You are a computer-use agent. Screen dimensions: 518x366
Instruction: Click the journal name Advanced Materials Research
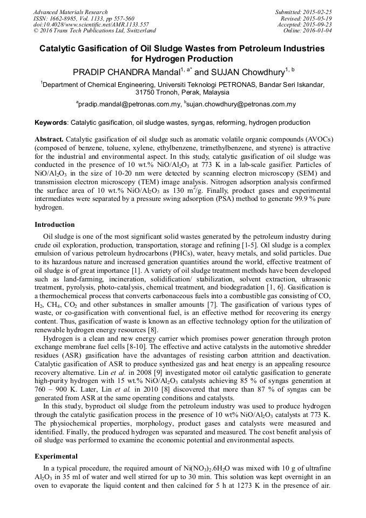[70, 12]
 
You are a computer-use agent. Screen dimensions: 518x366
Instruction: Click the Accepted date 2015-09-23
[320, 25]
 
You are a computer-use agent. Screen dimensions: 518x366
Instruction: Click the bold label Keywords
[51, 123]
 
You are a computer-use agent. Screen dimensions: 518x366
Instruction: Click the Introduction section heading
[55, 224]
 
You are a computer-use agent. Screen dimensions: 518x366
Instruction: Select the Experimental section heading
[56, 456]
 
